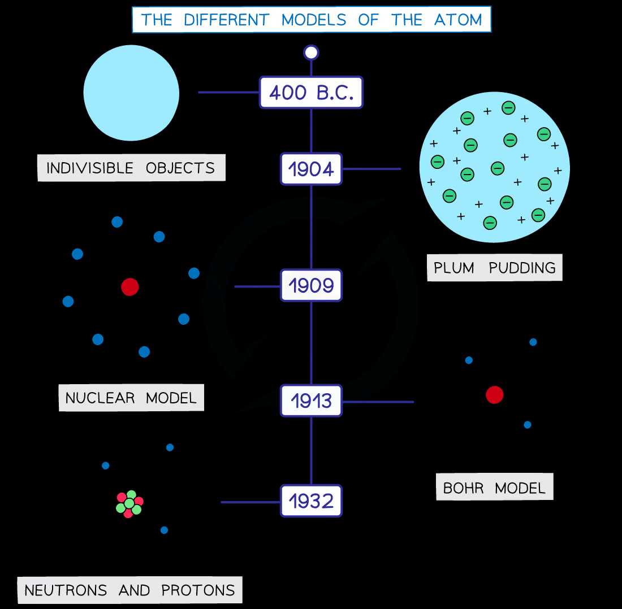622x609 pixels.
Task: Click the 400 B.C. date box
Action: (311, 92)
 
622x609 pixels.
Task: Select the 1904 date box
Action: (311, 169)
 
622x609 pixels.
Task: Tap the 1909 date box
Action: (311, 285)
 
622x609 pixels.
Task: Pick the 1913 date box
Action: (311, 401)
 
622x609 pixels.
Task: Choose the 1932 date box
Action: (311, 501)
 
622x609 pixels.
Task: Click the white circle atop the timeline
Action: (311, 53)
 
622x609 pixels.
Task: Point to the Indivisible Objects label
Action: (131, 168)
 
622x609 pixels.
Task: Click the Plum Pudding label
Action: (495, 268)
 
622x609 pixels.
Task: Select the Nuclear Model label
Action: (131, 398)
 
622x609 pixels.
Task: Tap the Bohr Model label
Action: (495, 487)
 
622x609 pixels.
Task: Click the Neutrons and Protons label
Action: (129, 590)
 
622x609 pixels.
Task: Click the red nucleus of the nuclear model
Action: (129, 287)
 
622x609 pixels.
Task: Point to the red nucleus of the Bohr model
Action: (495, 395)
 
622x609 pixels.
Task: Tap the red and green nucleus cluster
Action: (129, 504)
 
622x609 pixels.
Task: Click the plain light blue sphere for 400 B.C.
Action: (131, 93)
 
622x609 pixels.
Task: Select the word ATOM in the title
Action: (458, 20)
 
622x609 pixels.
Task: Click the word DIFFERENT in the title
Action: (227, 20)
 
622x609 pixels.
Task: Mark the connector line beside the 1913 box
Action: (378, 402)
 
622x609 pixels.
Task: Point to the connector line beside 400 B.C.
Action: (228, 92)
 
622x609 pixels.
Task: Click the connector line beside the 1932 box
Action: (250, 502)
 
